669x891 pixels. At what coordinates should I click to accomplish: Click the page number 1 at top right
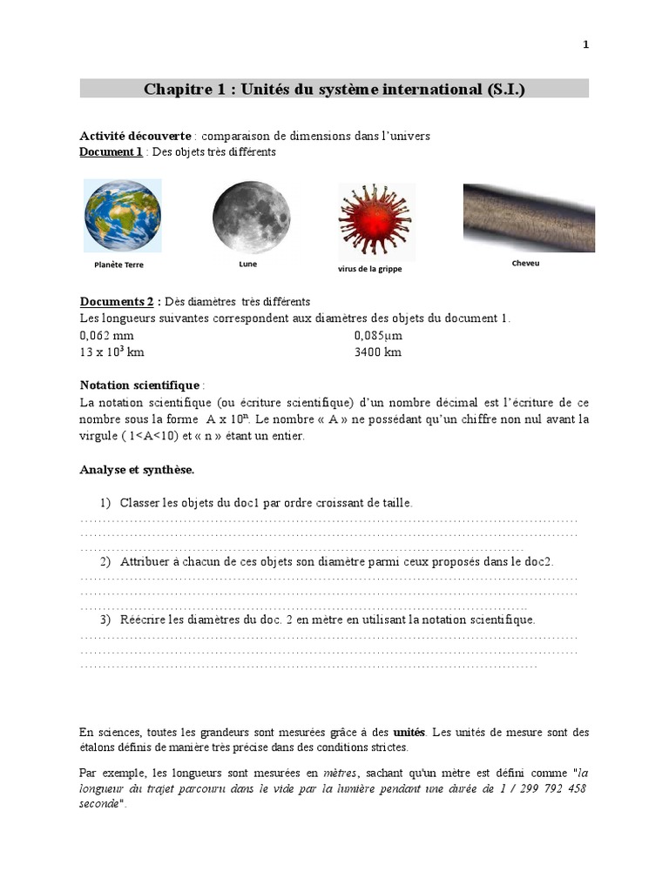(x=585, y=45)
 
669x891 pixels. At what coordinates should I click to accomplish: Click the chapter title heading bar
(x=334, y=89)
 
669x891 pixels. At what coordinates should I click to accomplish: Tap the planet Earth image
(x=123, y=216)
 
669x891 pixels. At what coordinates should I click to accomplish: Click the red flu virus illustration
(x=375, y=221)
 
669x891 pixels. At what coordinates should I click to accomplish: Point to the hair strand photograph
(x=528, y=217)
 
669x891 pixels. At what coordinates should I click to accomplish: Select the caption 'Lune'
(x=247, y=264)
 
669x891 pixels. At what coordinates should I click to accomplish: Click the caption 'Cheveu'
(x=525, y=263)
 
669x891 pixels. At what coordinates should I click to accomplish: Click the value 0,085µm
(x=378, y=335)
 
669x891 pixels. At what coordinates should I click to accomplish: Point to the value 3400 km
(x=378, y=352)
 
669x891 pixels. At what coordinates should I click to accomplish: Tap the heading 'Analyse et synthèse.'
(x=138, y=470)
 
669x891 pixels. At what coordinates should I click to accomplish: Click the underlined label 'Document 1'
(x=111, y=152)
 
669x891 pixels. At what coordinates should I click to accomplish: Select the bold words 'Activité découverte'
(x=135, y=137)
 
